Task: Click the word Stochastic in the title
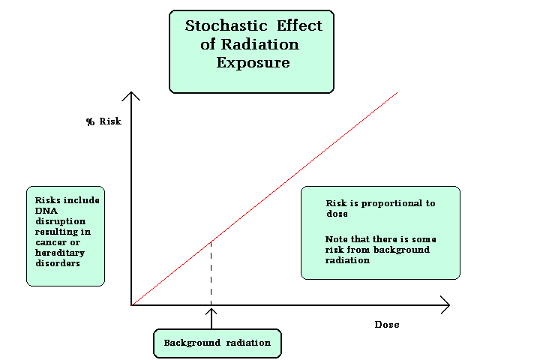tap(226, 25)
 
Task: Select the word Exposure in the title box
tap(253, 63)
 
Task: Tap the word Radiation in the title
tap(259, 44)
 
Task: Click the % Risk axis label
tap(104, 121)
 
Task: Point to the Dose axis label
tap(387, 325)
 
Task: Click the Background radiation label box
tap(217, 343)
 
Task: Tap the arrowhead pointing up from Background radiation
tap(211, 311)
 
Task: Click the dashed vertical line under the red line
tap(211, 274)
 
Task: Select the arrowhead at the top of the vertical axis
tap(131, 96)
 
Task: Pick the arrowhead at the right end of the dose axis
tap(445, 305)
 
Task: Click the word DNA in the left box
tap(46, 211)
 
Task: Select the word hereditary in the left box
tap(60, 253)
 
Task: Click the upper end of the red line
tap(397, 92)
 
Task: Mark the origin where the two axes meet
tap(131, 305)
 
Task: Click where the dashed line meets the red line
tap(211, 241)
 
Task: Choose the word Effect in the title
tap(299, 25)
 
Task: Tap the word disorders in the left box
tap(58, 263)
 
